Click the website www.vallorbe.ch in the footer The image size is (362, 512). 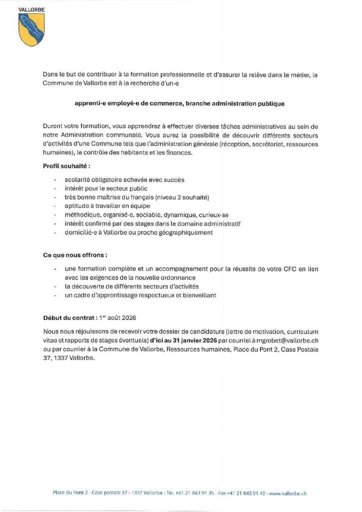point(288,492)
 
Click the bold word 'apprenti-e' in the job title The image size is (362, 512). point(90,104)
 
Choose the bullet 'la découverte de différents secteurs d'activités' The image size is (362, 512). point(132,286)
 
